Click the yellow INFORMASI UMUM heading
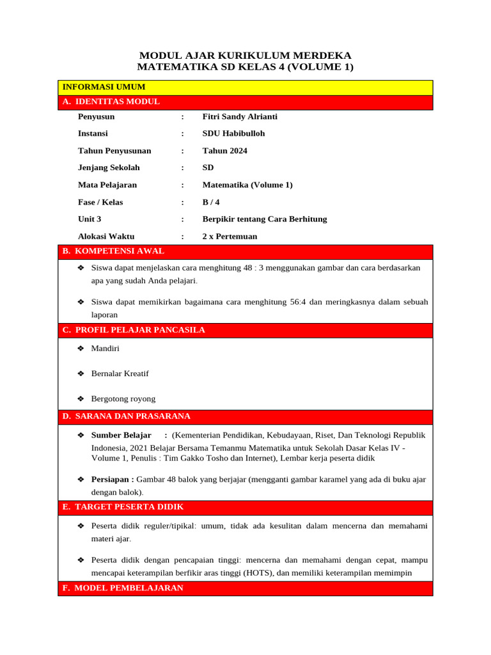click(103, 87)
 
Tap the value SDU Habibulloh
click(233, 134)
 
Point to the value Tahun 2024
click(224, 151)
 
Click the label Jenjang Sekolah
click(109, 168)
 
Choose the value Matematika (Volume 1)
click(247, 185)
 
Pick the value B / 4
click(211, 202)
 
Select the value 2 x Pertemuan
click(230, 236)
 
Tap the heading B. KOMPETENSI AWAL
click(113, 251)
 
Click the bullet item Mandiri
click(105, 349)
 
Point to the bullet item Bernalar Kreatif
click(120, 374)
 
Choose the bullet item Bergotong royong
click(123, 399)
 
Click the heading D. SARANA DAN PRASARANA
click(126, 416)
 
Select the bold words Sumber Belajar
click(121, 435)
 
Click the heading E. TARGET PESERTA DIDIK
click(123, 507)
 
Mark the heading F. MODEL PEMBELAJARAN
click(123, 588)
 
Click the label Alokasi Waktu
click(106, 236)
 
